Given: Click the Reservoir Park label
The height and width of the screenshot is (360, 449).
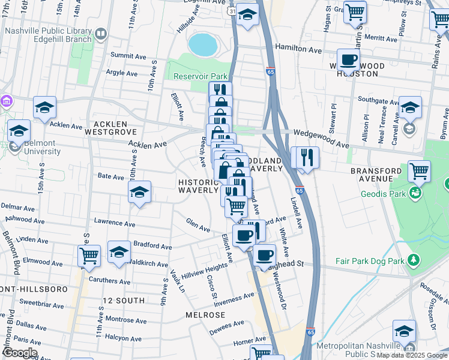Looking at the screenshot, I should click(200, 76).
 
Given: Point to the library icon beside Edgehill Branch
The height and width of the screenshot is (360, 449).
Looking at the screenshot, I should click(101, 34).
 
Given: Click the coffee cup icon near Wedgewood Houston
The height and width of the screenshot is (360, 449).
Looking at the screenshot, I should click(348, 60).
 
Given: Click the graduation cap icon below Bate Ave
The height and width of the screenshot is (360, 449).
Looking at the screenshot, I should click(139, 192).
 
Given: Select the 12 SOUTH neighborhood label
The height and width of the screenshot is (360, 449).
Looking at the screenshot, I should click(124, 300).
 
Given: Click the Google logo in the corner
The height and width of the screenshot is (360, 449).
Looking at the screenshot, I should click(19, 353).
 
